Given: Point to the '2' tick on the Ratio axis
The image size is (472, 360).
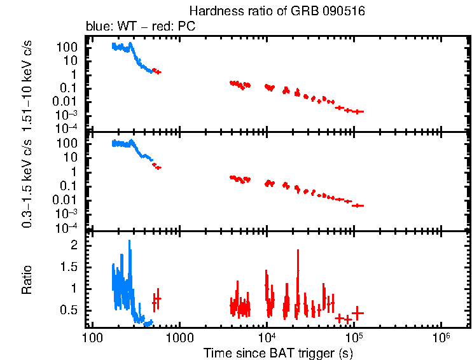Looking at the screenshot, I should (74, 245).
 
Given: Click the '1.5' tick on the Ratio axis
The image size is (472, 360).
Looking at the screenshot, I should (70, 267).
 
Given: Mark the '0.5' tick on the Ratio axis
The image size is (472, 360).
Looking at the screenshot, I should (70, 310).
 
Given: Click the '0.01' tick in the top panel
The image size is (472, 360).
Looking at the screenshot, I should (67, 101).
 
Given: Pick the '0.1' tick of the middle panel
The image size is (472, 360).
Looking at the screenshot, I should (70, 186).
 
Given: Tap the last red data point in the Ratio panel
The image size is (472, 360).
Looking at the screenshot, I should (358, 312).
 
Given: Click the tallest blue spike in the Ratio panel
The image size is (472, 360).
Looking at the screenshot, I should (130, 242).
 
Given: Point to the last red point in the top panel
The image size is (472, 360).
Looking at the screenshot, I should (359, 111).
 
